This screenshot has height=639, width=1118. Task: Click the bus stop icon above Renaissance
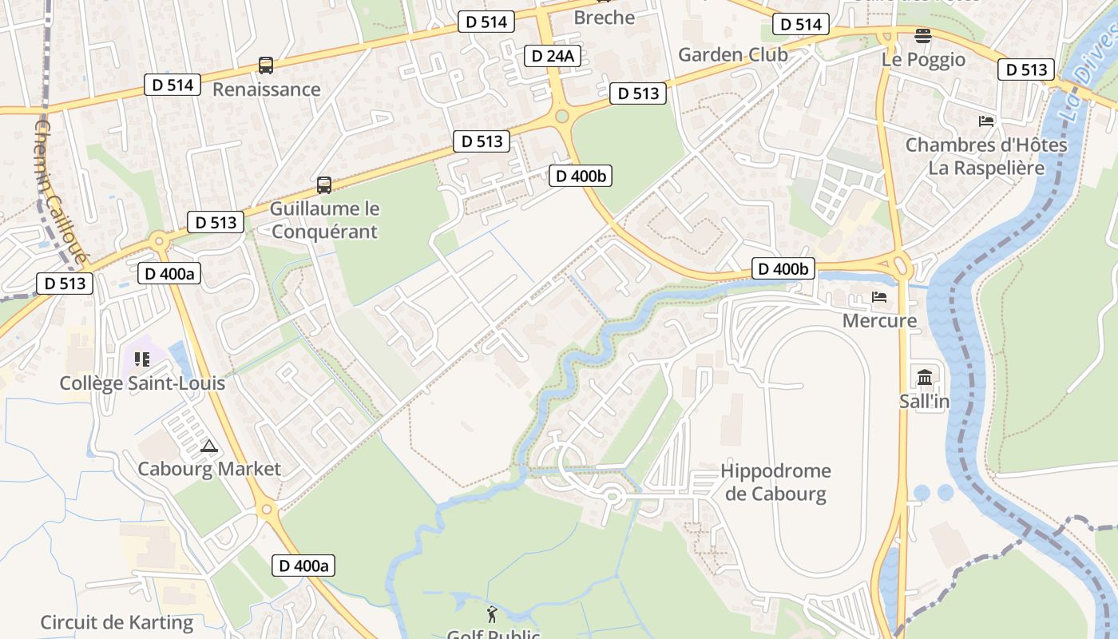point(266,65)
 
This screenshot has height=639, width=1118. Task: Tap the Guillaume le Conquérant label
point(324,220)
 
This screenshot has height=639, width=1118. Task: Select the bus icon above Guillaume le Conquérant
point(324,185)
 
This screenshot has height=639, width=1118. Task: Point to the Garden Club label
point(732,54)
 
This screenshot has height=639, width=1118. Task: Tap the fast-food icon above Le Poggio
point(923,36)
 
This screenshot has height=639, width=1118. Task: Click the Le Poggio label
point(923,60)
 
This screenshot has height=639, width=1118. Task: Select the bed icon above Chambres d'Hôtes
point(986,121)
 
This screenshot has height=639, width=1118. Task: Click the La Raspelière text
point(985,168)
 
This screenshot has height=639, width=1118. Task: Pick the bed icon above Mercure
point(879,297)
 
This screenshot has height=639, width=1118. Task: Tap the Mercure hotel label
point(879,320)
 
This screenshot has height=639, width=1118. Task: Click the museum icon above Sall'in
point(925,377)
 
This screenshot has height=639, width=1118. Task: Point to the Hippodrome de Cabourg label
point(775,482)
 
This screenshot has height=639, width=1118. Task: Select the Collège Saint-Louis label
point(142,383)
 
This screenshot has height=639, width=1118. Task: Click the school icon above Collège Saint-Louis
point(142,359)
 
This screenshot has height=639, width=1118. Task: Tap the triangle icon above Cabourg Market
point(209,446)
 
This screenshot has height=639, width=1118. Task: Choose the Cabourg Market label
point(209,469)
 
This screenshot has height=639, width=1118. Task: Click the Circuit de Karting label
point(117,622)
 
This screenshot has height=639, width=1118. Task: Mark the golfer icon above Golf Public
point(492,614)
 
